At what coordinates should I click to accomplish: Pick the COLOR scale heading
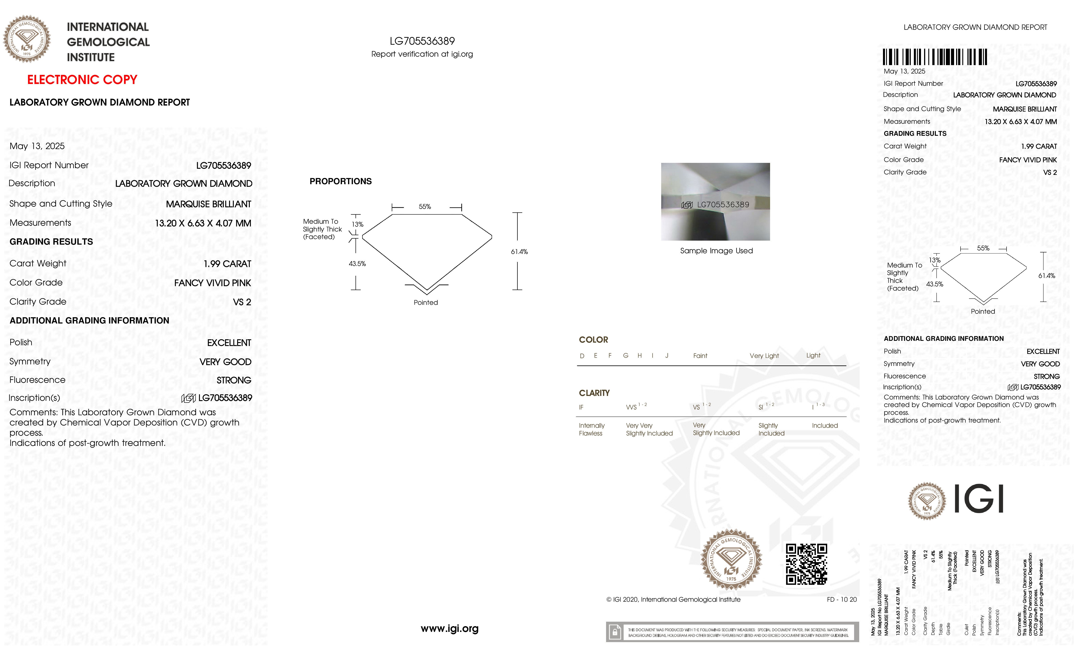(x=593, y=340)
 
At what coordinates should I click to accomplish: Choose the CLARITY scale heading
(x=594, y=393)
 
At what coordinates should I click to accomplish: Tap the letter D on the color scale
(x=582, y=356)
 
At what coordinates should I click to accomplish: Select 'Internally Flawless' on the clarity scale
(x=591, y=429)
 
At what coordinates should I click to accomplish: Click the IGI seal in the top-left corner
(x=27, y=39)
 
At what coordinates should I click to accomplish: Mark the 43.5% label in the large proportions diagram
(x=357, y=264)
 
